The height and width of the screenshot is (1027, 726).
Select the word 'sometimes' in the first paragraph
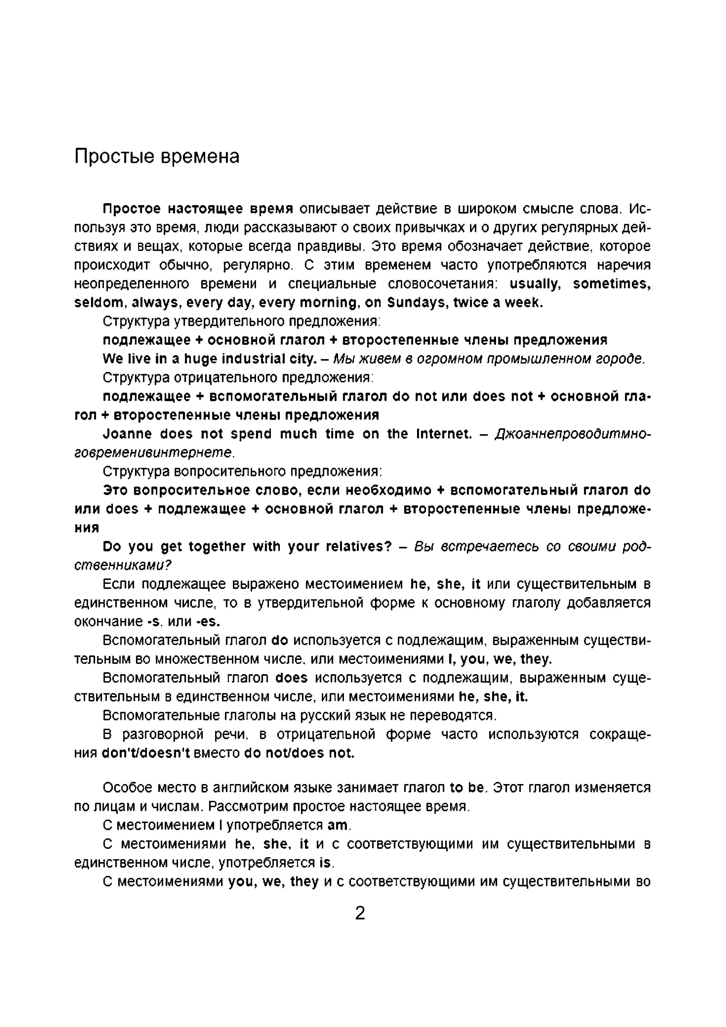click(611, 284)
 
